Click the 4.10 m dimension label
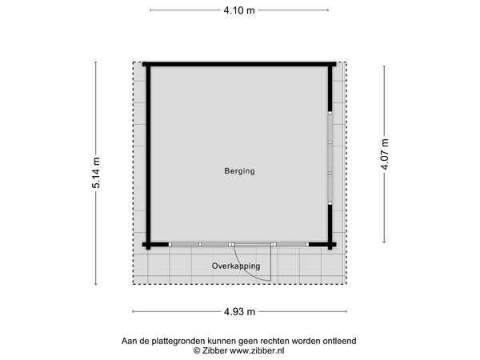click(x=239, y=10)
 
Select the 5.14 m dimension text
click(x=96, y=173)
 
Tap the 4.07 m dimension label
click(x=385, y=154)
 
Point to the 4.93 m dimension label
click(x=239, y=312)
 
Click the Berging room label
click(x=240, y=171)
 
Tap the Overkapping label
click(x=236, y=266)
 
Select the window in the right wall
click(x=330, y=158)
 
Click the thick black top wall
click(x=239, y=64)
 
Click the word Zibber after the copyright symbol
click(x=214, y=350)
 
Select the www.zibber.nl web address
click(x=257, y=350)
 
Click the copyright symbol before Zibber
click(x=197, y=351)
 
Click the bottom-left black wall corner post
click(x=148, y=246)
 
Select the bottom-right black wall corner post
click(x=330, y=246)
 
